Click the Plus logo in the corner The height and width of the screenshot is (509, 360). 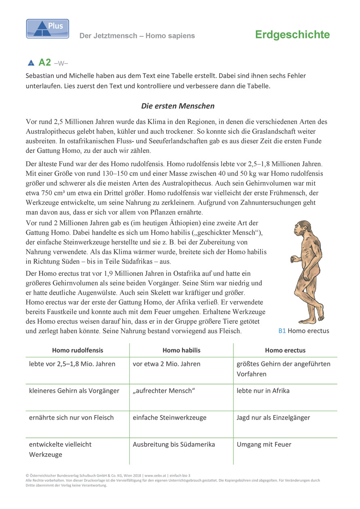pyautogui.click(x=47, y=29)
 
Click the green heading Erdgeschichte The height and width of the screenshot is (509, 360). pyautogui.click(x=292, y=35)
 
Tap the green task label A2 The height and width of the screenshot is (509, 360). pyautogui.click(x=44, y=63)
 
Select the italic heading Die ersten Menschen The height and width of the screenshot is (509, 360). pyautogui.click(x=178, y=106)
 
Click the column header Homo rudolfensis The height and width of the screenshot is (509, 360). pyautogui.click(x=78, y=351)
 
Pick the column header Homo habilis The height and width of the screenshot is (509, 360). pyautogui.click(x=181, y=351)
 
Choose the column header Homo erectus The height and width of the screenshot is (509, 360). pyautogui.click(x=285, y=351)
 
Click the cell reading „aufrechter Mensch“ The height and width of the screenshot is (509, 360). pyautogui.click(x=164, y=391)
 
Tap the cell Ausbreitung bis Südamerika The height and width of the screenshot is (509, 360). pyautogui.click(x=174, y=444)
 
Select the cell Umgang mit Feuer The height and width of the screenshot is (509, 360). pyautogui.click(x=264, y=444)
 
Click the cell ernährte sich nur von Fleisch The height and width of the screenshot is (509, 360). pyautogui.click(x=71, y=418)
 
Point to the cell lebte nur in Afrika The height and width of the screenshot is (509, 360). pyautogui.click(x=263, y=391)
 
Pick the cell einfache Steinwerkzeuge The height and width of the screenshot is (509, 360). pyautogui.click(x=169, y=418)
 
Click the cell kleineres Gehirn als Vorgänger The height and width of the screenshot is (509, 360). pyautogui.click(x=74, y=391)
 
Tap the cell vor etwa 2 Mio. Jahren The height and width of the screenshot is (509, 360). pyautogui.click(x=166, y=364)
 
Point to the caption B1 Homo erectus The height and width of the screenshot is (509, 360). pyautogui.click(x=303, y=331)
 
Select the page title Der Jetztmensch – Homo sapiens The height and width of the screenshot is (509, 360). pyautogui.click(x=137, y=36)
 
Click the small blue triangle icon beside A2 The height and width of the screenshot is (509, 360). pyautogui.click(x=31, y=63)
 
